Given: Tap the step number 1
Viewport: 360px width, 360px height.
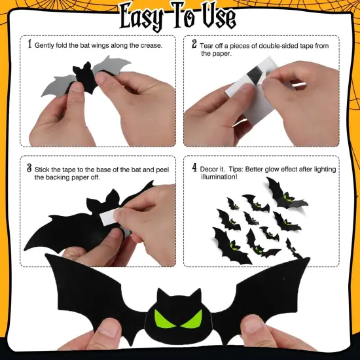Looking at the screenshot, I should pos(29,45).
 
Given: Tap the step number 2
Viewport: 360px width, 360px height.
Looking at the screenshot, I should pos(194,45).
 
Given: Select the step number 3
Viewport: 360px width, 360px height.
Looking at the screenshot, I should pos(29,168).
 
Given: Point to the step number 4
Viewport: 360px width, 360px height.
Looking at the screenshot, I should pos(194,168).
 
